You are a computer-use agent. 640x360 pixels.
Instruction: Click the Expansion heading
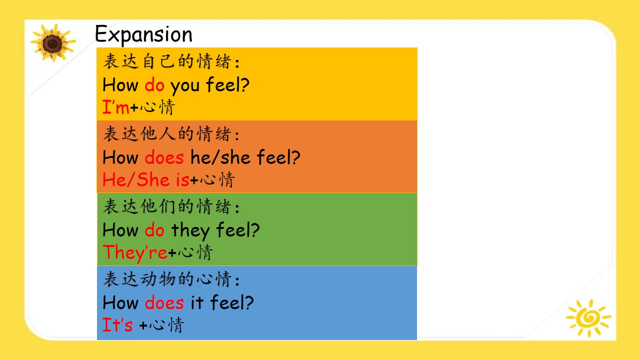tap(143, 35)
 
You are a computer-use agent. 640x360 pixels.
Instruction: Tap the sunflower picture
tap(53, 43)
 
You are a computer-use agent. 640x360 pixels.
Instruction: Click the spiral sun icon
tap(588, 317)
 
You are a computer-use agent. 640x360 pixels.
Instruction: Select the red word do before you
tap(154, 84)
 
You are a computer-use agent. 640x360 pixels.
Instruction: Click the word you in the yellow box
tap(185, 86)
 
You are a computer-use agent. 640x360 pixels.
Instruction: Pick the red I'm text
tap(115, 107)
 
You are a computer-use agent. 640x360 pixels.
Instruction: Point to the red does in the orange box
tap(164, 157)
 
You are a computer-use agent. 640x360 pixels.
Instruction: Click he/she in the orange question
tap(220, 157)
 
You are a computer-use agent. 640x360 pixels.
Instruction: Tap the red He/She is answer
tap(145, 179)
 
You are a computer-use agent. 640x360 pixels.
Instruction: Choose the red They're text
tap(135, 252)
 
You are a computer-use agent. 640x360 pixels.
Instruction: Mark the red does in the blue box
tap(164, 302)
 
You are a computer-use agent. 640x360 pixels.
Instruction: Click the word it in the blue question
tap(197, 302)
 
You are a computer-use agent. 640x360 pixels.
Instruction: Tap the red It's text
tap(117, 324)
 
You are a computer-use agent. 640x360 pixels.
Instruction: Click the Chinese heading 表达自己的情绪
tap(171, 61)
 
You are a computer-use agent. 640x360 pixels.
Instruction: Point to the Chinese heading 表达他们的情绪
tap(171, 206)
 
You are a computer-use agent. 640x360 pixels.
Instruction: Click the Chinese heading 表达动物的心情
tap(171, 279)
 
